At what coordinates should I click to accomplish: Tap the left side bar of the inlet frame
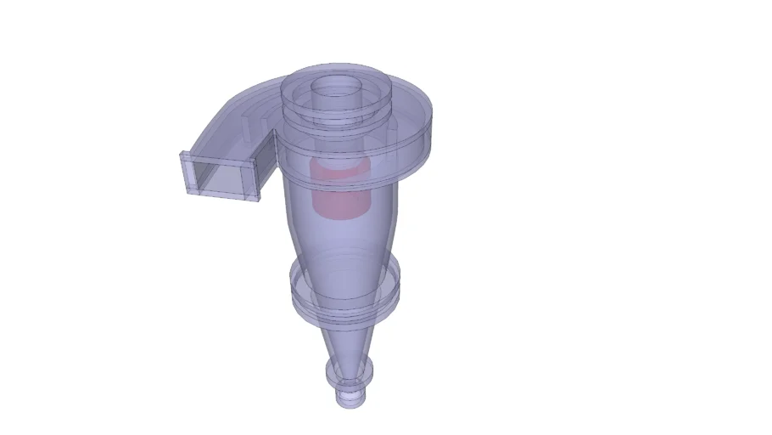187,174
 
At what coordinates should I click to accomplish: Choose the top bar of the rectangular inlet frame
219,161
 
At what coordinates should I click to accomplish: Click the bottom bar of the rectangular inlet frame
222,195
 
